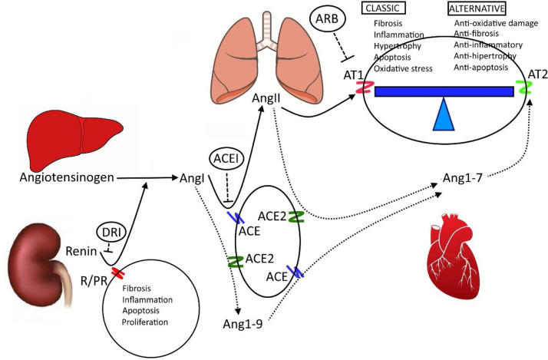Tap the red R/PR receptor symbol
117,272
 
